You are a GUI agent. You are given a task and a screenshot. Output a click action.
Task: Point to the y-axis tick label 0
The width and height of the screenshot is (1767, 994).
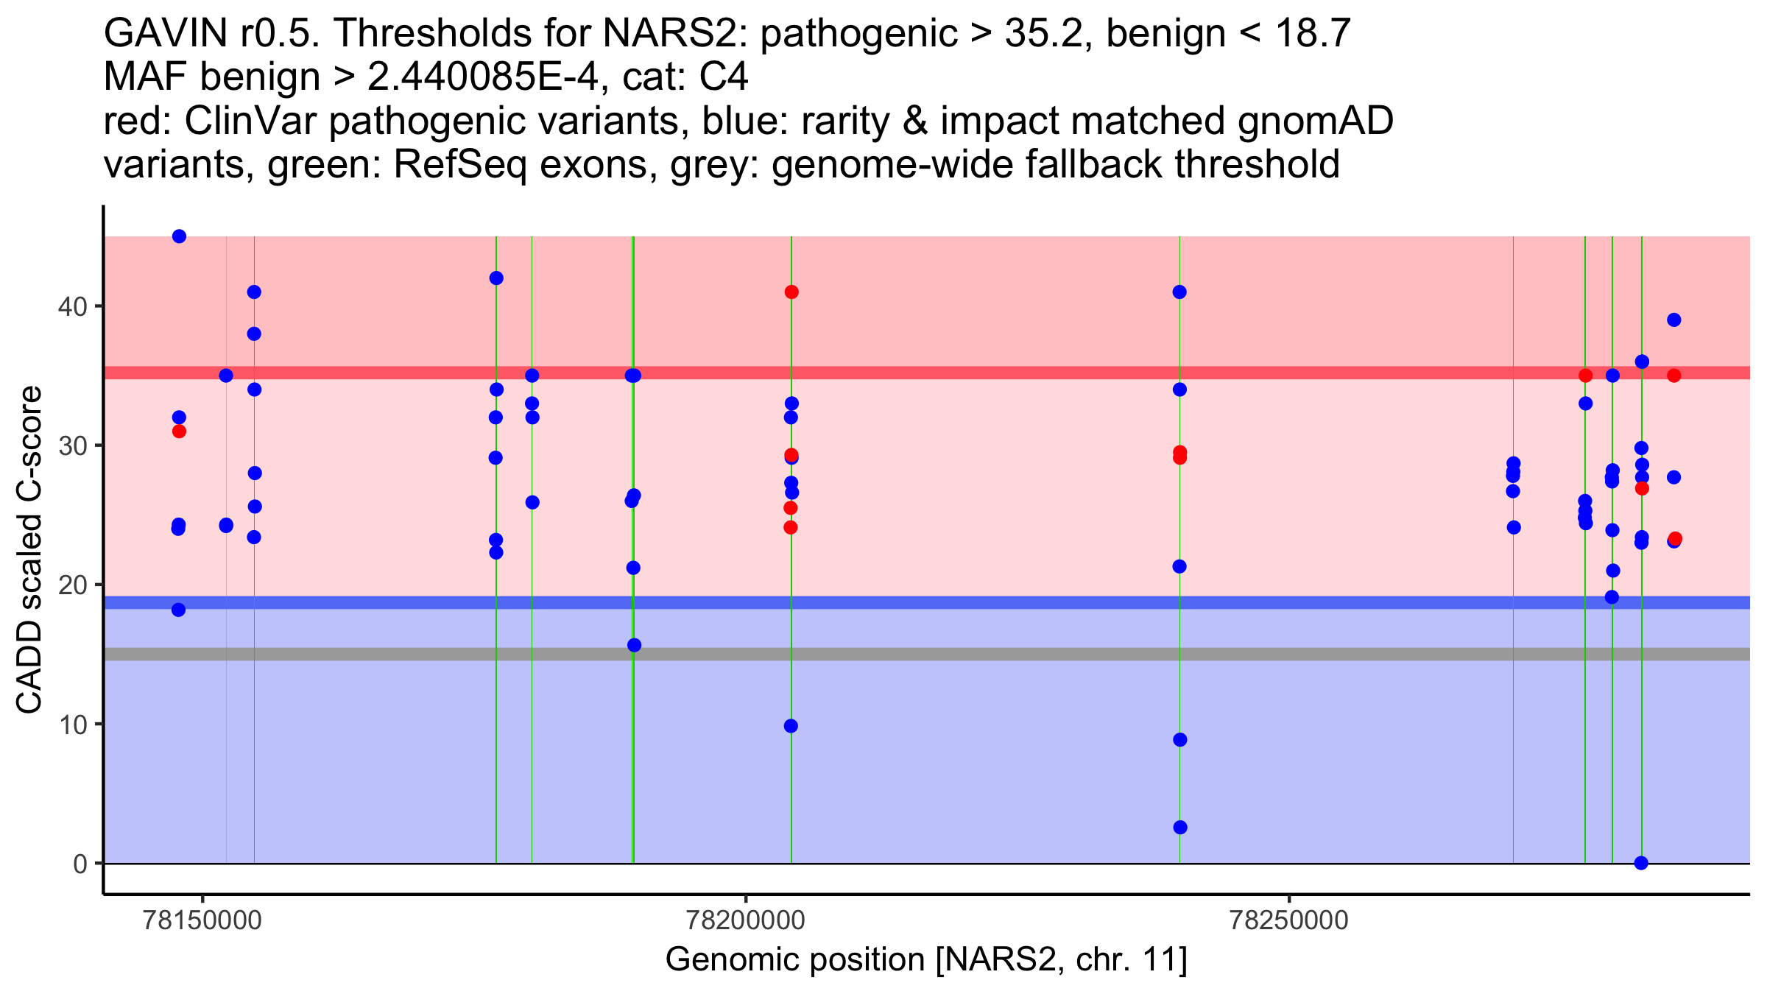tap(80, 864)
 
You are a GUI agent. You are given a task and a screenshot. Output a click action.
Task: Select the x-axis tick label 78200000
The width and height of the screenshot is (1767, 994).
tap(746, 920)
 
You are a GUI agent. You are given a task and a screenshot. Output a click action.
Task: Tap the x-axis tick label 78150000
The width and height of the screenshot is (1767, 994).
tap(203, 920)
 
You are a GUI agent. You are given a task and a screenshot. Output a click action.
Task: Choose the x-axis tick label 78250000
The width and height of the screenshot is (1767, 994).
tap(1289, 920)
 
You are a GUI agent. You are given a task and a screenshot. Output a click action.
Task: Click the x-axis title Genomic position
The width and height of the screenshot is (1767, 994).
tap(925, 960)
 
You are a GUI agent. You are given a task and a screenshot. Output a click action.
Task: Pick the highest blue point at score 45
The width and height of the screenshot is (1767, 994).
tap(179, 236)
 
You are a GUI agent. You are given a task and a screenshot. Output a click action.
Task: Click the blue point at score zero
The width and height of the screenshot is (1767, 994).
tap(1641, 863)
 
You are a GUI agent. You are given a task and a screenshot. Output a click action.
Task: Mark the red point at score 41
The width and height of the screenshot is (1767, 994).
tap(791, 292)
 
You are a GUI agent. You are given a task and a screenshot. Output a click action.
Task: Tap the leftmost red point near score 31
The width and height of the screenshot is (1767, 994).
tap(179, 431)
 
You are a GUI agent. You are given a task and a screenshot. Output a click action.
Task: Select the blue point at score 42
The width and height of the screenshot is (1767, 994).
tap(496, 278)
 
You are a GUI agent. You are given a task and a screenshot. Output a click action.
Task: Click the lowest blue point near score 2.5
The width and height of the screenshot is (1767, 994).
tap(1180, 828)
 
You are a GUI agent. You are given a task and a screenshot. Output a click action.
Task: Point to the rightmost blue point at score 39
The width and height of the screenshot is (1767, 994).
tap(1674, 320)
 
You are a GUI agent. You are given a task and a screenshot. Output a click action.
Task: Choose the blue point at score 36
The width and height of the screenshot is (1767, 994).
tap(1642, 362)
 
